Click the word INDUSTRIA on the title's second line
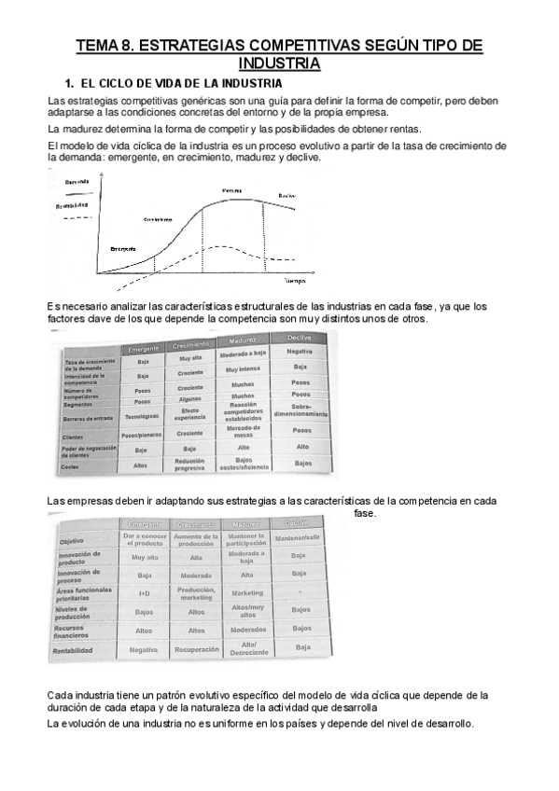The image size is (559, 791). coord(279,63)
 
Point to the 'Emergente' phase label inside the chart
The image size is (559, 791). coord(122,249)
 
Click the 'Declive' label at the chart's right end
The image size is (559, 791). coord(288,196)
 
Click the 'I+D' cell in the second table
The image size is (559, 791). coord(145,593)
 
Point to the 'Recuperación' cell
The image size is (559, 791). coord(196,648)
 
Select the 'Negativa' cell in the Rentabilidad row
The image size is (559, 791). coord(144,649)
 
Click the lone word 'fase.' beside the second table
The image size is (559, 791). coord(366,513)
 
